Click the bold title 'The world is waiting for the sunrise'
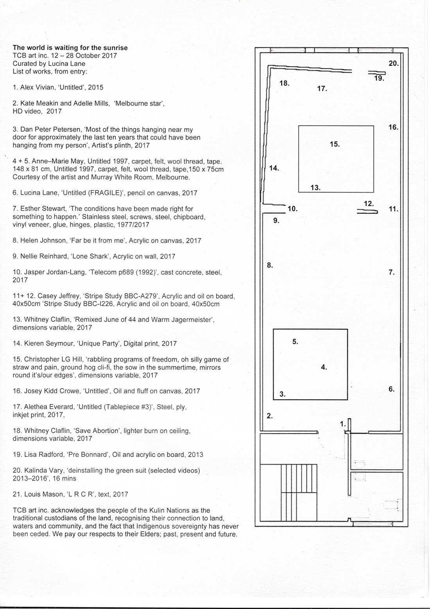[70, 48]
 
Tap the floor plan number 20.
[393, 63]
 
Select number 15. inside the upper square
[335, 144]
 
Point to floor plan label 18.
[284, 83]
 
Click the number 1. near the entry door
[343, 423]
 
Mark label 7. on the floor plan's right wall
[392, 272]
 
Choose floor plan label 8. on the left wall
[270, 265]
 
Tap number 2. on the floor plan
[270, 416]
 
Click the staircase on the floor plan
[289, 493]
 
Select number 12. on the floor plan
[369, 204]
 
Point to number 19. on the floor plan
[379, 78]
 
